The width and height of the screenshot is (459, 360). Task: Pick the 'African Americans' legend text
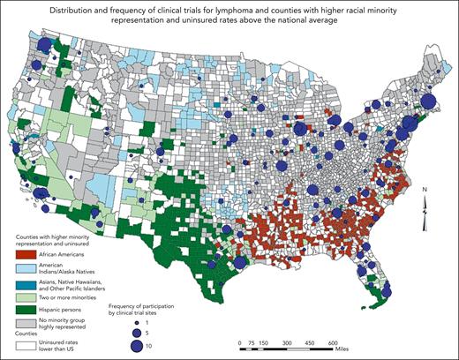click(62, 254)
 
